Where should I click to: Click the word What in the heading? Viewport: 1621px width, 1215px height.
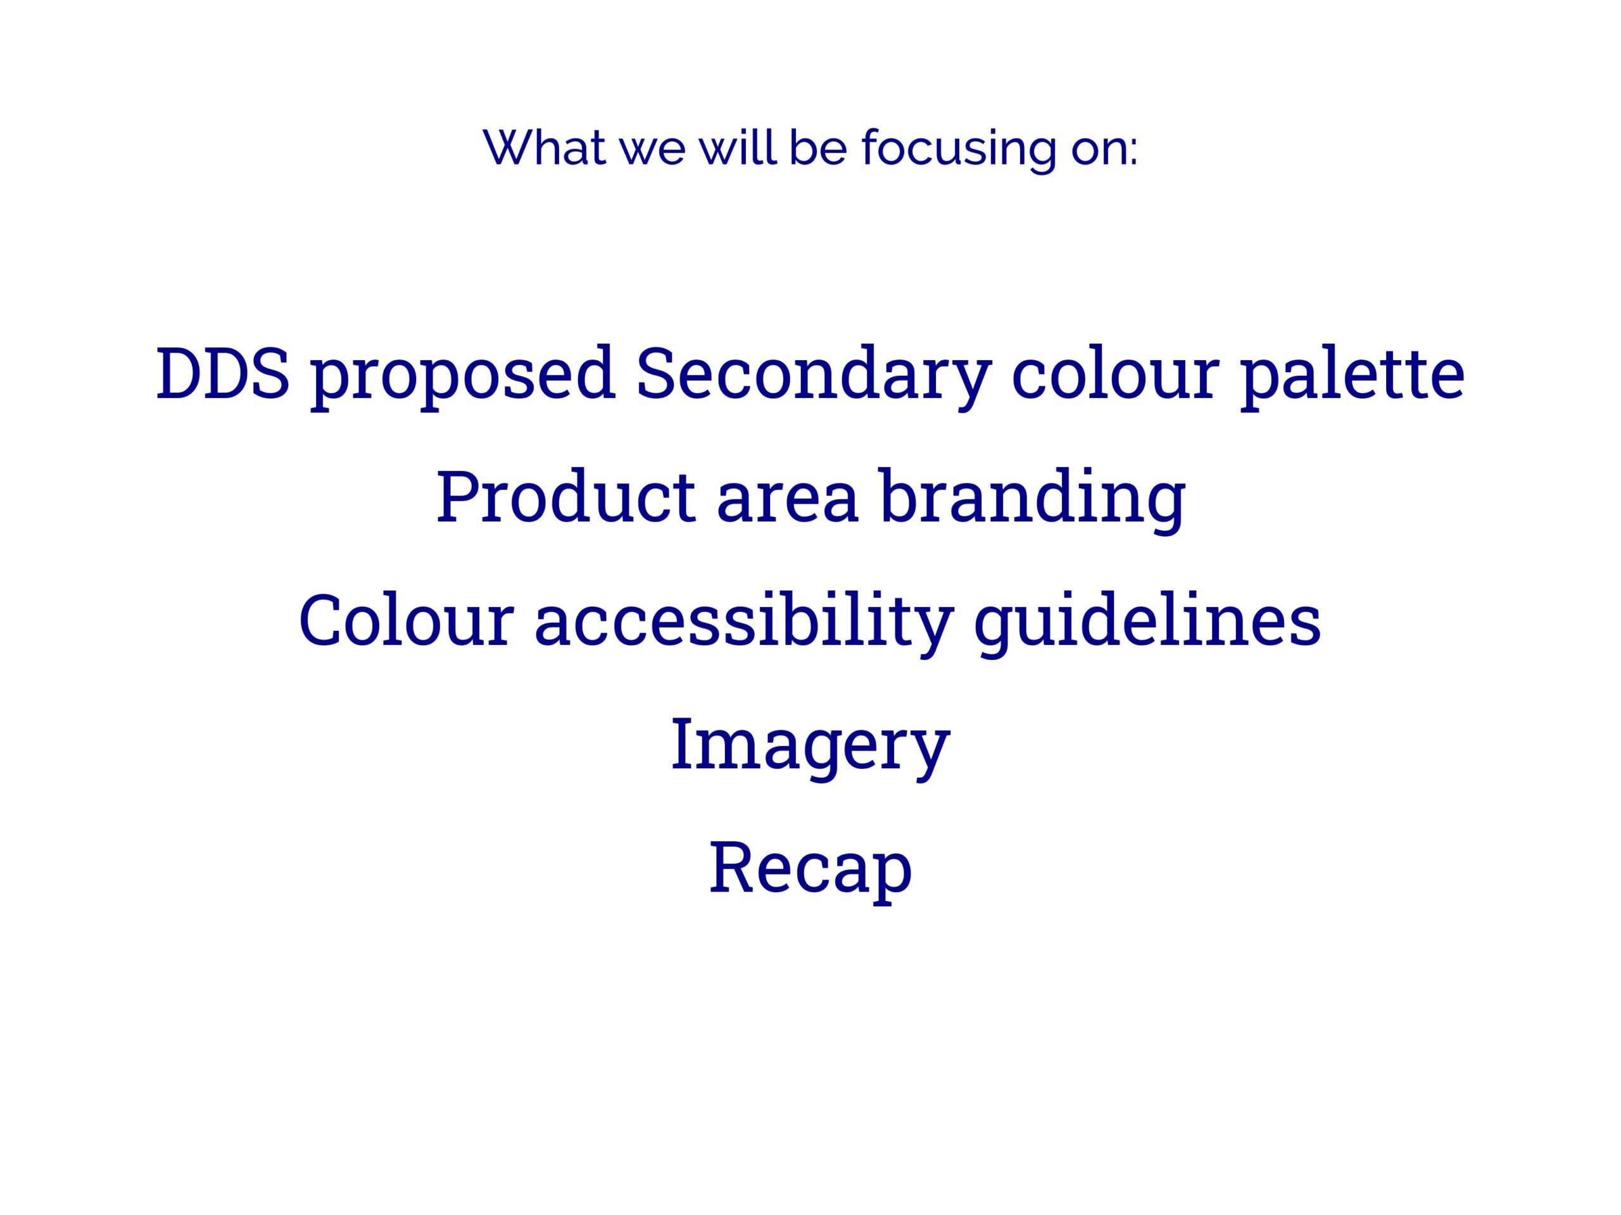click(x=545, y=148)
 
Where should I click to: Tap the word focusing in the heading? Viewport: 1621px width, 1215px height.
click(x=959, y=150)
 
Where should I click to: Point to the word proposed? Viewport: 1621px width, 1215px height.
click(x=462, y=377)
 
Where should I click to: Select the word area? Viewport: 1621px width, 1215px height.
click(x=787, y=506)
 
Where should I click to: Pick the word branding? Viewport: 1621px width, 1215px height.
click(x=1033, y=500)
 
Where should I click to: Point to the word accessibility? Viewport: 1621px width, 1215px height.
click(x=744, y=624)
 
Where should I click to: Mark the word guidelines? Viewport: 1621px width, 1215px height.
click(x=1147, y=624)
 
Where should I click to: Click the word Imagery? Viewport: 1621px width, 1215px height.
click(x=810, y=748)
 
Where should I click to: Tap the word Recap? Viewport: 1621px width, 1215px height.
click(x=810, y=870)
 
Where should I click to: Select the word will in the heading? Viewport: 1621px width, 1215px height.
click(x=737, y=147)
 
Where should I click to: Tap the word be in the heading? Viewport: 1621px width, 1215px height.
click(x=818, y=147)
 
